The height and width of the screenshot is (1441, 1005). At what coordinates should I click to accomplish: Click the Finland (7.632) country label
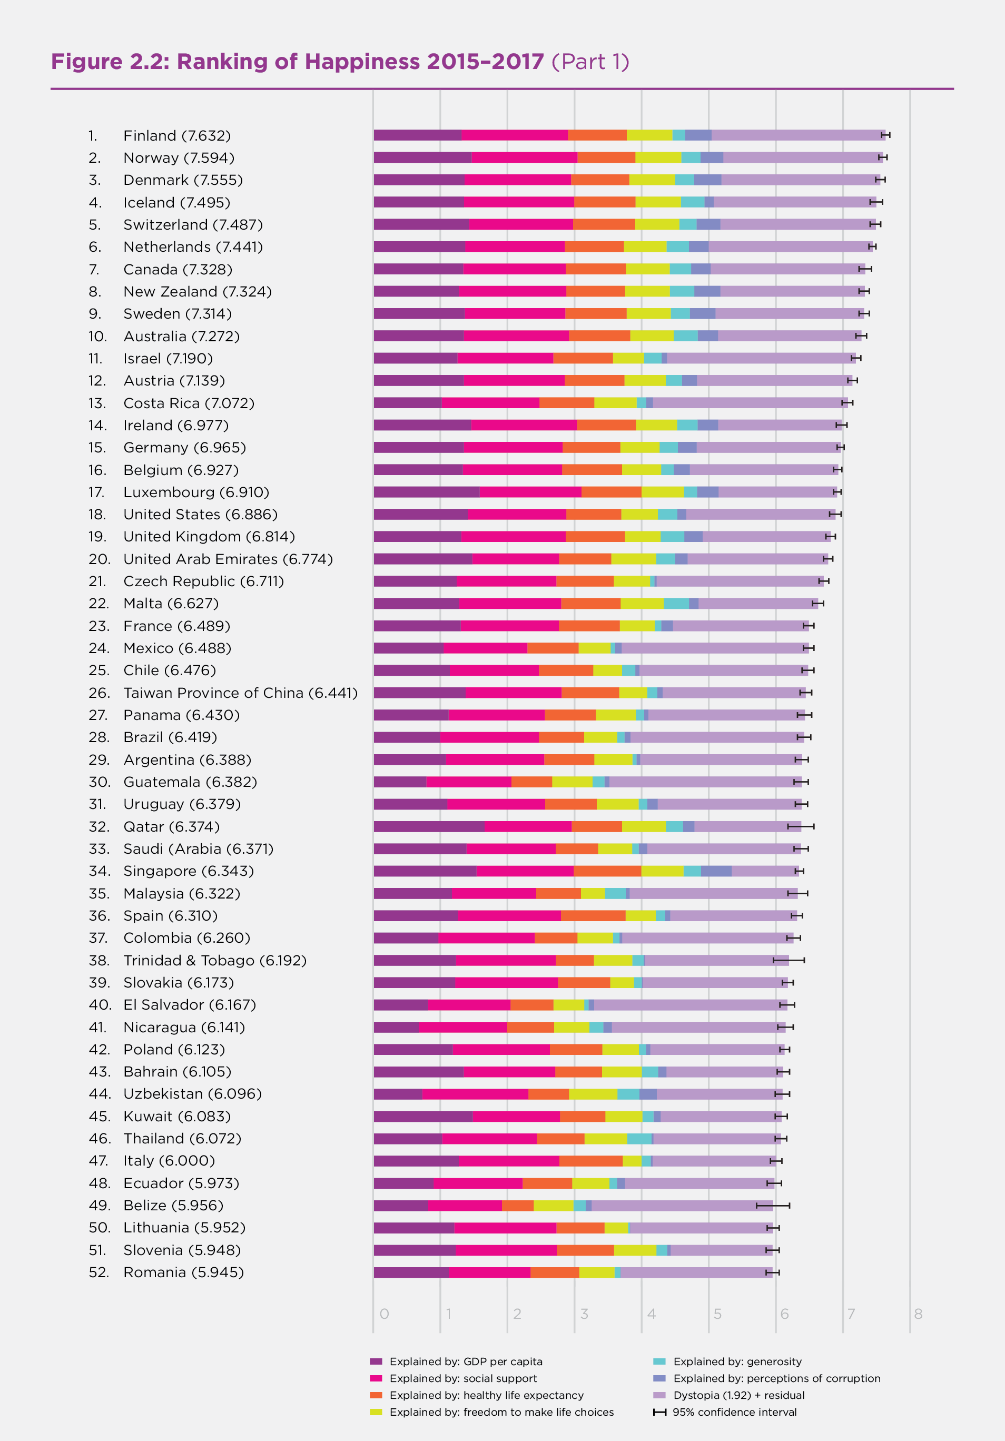click(177, 135)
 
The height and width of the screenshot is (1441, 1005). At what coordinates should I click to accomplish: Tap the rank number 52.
click(98, 1272)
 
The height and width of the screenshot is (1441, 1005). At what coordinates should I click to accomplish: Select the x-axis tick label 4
click(651, 1314)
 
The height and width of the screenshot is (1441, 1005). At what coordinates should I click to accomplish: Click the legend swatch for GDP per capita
click(376, 1361)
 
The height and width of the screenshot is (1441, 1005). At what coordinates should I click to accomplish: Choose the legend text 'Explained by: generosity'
click(737, 1361)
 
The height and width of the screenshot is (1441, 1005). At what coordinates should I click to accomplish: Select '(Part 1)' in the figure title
click(590, 62)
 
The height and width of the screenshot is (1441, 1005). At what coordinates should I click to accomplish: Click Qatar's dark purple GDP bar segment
click(429, 826)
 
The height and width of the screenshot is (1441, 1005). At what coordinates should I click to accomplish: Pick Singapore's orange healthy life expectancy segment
click(607, 871)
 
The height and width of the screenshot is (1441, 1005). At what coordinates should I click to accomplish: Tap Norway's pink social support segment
click(524, 157)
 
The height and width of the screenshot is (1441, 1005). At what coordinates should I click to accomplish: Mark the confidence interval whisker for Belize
click(773, 1206)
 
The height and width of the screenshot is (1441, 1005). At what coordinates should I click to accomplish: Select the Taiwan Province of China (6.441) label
click(240, 693)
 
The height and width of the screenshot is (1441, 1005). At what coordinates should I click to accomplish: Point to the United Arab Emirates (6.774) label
click(228, 559)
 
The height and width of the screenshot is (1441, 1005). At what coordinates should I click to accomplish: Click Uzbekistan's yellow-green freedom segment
click(593, 1094)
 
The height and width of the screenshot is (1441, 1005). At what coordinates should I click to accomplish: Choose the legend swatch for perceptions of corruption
click(659, 1378)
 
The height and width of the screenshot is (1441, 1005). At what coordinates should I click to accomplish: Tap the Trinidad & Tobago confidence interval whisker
click(789, 960)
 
